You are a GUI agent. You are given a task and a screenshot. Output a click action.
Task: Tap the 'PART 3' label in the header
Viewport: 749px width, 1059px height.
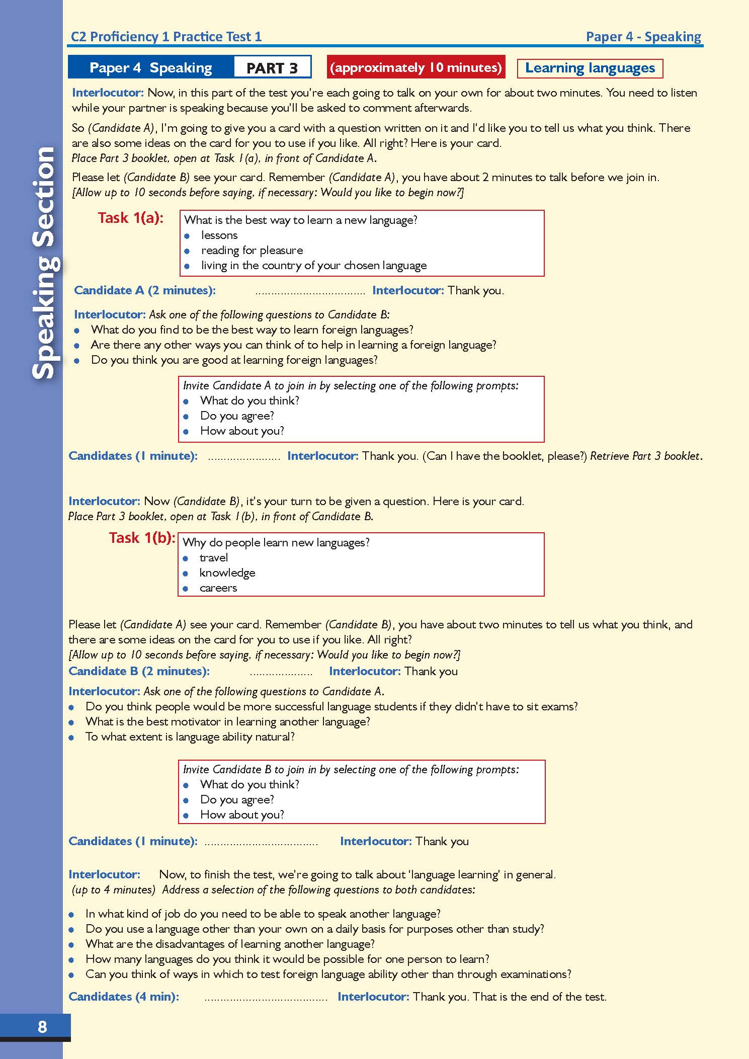pyautogui.click(x=272, y=67)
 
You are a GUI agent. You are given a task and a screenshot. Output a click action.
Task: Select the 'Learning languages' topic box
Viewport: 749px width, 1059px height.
pyautogui.click(x=590, y=68)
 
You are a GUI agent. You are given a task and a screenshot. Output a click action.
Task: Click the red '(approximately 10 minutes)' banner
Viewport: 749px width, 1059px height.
pyautogui.click(x=415, y=67)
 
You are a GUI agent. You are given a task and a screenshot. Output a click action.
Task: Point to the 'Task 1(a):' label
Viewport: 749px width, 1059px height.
pyautogui.click(x=131, y=218)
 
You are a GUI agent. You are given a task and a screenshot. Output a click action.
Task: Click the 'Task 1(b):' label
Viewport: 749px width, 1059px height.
pyautogui.click(x=142, y=538)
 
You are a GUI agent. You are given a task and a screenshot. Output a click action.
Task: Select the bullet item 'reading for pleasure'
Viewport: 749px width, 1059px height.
pyautogui.click(x=252, y=250)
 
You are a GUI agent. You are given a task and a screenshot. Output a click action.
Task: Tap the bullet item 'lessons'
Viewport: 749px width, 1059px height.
pyautogui.click(x=219, y=235)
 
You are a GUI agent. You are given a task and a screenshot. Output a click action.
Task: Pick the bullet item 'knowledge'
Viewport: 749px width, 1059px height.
pyautogui.click(x=227, y=573)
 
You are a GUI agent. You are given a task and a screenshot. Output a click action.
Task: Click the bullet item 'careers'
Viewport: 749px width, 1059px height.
pyautogui.click(x=218, y=588)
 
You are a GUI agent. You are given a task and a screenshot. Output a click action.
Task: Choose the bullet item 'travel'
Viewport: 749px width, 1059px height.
pyautogui.click(x=213, y=557)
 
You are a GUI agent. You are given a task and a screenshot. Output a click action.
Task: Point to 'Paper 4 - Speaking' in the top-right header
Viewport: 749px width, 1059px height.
pyautogui.click(x=643, y=37)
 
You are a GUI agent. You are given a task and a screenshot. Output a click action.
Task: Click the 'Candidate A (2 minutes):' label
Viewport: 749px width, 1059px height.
pyautogui.click(x=145, y=290)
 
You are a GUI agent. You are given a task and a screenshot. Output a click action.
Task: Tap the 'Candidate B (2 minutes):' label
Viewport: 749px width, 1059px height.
pyautogui.click(x=139, y=671)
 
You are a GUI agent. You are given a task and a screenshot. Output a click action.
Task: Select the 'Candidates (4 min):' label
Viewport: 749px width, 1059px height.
pyautogui.click(x=124, y=997)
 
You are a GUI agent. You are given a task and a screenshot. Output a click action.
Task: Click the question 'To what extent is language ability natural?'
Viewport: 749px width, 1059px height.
pyautogui.click(x=190, y=737)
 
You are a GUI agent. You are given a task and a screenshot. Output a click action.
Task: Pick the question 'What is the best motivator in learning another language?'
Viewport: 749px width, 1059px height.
pyautogui.click(x=227, y=721)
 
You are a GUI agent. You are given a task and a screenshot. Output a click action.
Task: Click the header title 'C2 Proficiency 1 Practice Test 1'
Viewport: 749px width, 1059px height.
pyautogui.click(x=167, y=37)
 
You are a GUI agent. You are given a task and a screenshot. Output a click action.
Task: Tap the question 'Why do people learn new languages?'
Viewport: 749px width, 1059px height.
pyautogui.click(x=276, y=542)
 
